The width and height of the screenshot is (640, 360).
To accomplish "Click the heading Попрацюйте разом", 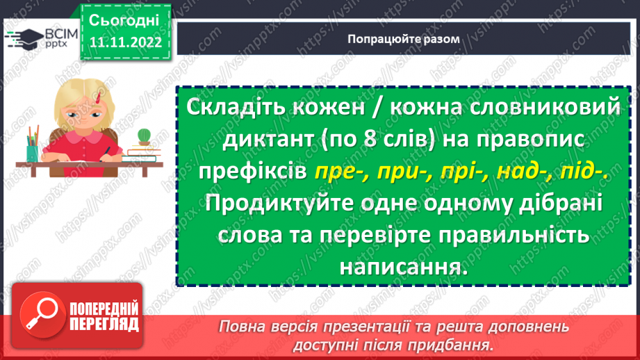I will click(x=404, y=39).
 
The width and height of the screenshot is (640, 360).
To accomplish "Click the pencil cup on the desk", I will click(x=33, y=147).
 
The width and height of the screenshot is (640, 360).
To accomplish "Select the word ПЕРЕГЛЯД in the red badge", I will click(x=104, y=324).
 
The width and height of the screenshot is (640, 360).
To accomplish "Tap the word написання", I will click(x=399, y=266).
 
